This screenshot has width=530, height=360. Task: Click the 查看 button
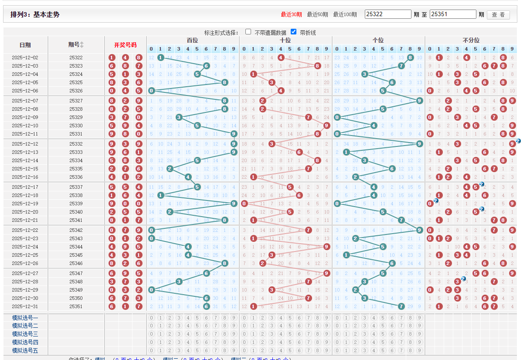(x=498, y=15)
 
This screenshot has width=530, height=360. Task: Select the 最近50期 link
(x=317, y=14)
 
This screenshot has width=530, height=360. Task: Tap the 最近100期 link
(x=345, y=14)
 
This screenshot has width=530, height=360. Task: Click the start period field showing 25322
(x=388, y=14)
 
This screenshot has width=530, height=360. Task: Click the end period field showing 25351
(x=453, y=14)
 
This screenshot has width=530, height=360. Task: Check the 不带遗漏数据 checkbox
(x=248, y=32)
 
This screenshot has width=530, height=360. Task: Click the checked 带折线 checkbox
(x=294, y=32)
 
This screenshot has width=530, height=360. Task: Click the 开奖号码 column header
(x=125, y=45)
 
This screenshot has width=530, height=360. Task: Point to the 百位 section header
(x=192, y=40)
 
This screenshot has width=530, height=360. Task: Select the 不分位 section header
(x=471, y=40)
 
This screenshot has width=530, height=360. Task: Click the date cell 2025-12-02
(x=25, y=58)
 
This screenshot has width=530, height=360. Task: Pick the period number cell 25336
(x=76, y=177)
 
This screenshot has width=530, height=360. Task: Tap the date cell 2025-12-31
(x=25, y=306)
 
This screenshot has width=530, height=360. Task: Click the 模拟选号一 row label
(x=25, y=318)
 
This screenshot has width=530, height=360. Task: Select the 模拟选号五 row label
(x=25, y=350)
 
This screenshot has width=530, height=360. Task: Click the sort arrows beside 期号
(x=82, y=45)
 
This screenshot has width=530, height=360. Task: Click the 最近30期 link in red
(x=291, y=14)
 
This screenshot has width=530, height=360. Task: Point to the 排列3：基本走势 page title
(x=35, y=14)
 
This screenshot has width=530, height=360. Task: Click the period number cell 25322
(x=76, y=58)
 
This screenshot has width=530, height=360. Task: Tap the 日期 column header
(x=25, y=45)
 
